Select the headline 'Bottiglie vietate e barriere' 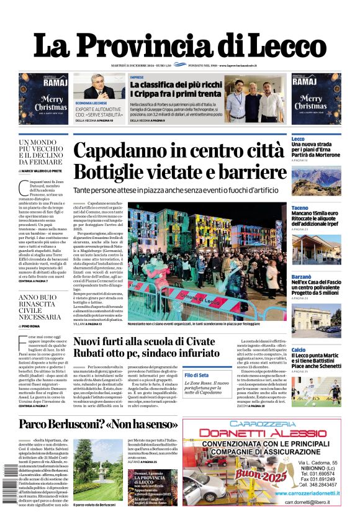(179, 173)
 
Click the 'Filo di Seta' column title (197, 375)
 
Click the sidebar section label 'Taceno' (299, 207)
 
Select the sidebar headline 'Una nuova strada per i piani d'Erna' (317, 148)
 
